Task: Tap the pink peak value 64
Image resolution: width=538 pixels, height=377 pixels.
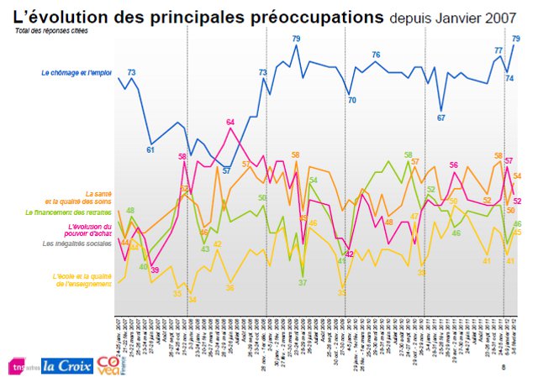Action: (x=230, y=123)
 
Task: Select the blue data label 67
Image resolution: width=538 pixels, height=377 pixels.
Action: (x=440, y=118)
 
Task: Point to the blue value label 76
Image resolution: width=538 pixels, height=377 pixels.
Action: (x=376, y=55)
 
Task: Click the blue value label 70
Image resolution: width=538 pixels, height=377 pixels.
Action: (x=351, y=101)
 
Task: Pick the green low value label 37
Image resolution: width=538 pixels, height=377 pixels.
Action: (x=303, y=282)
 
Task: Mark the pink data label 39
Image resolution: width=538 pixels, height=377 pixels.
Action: (x=155, y=270)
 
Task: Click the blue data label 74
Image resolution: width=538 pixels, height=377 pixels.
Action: (x=509, y=78)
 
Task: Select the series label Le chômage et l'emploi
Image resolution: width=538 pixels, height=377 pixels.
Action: (x=76, y=73)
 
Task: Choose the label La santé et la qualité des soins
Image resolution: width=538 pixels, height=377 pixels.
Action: (x=82, y=198)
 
